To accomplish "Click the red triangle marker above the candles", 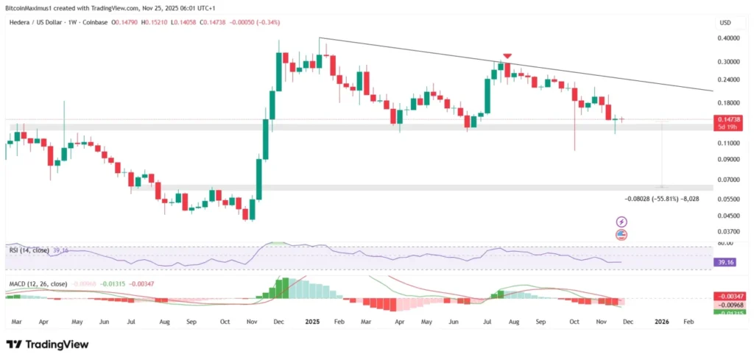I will pos(507,56).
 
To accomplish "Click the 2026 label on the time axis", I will pos(662,322).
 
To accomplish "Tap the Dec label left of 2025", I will pos(279,322).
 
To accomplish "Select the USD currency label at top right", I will pos(725,24).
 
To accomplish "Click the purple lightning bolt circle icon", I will pos(621,222).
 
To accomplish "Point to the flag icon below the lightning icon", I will pos(621,235).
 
